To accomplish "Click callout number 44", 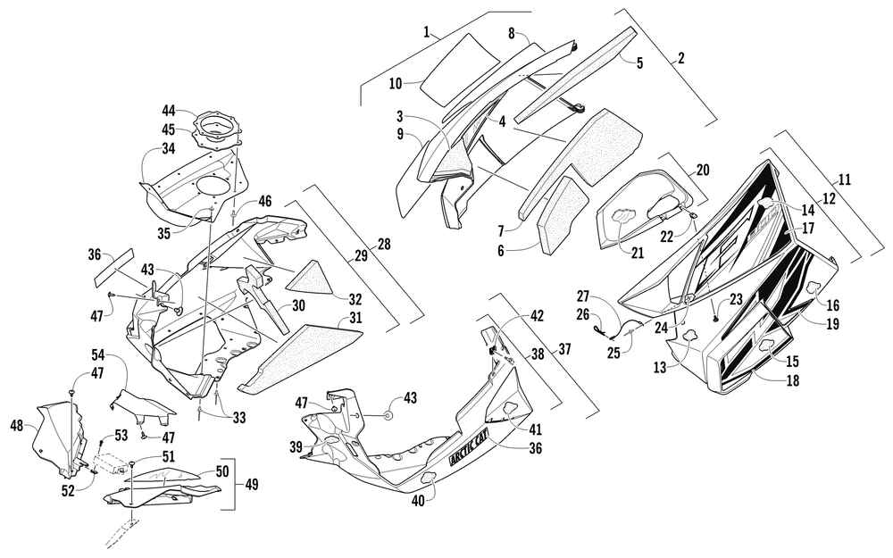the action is click(x=169, y=111).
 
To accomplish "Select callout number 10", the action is click(x=396, y=84).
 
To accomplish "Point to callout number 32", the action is click(x=355, y=298).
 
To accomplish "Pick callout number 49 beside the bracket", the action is click(x=251, y=485).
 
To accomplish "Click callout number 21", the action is click(x=638, y=253).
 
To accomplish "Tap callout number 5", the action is click(x=639, y=62).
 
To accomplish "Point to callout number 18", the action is click(x=792, y=380).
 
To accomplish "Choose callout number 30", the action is click(x=298, y=305).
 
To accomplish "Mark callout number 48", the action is click(x=18, y=425).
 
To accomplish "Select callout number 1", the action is click(x=427, y=31).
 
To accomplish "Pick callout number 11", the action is click(x=845, y=180).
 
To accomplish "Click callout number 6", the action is click(x=501, y=251).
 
